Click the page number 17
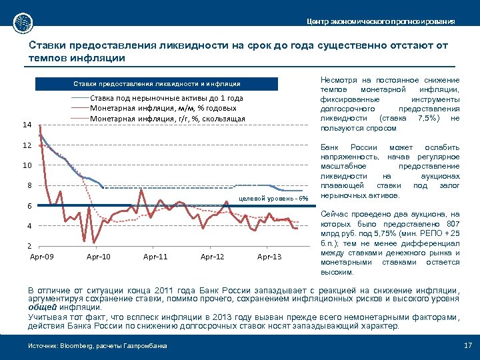pos(467,345)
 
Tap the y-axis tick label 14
pos(27,125)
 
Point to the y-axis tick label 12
pos(27,145)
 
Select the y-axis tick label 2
pos(29,246)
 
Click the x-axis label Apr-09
pos(43,257)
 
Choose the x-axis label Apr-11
pos(155,257)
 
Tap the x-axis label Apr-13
pos(269,257)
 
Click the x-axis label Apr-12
pos(213,257)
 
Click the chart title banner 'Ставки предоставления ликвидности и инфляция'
pos(157,84)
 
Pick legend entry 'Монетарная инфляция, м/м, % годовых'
pos(163,108)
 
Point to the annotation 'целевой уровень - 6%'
pos(274,198)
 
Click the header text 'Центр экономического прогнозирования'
pos(381,22)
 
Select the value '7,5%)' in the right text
pos(428,118)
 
